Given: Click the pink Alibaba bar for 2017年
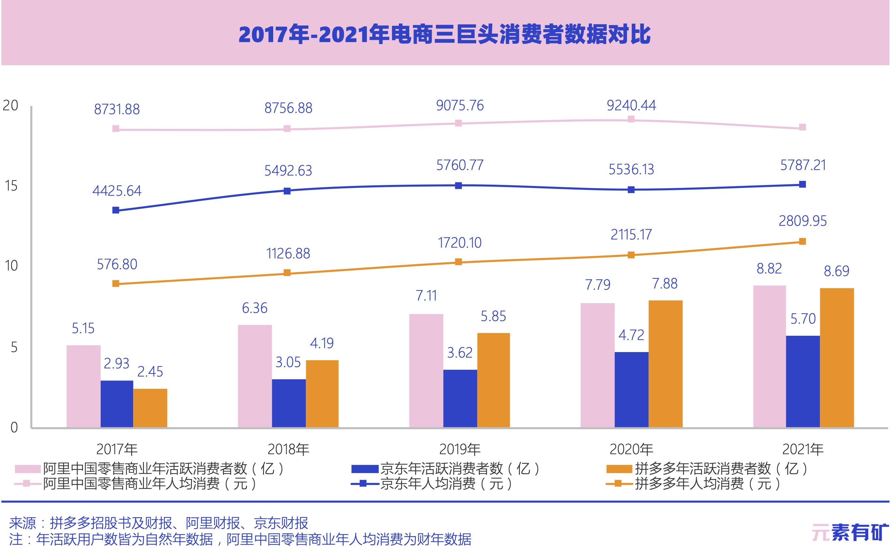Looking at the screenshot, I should [x=84, y=386].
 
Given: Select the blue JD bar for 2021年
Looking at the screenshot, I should [x=803, y=381].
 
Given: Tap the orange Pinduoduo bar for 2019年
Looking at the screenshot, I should [x=493, y=380].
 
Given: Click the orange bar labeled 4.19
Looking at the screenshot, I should [x=322, y=394].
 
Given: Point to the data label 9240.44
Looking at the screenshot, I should [x=631, y=105].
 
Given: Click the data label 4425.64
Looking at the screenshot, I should [x=117, y=191].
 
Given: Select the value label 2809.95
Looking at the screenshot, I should [x=803, y=221].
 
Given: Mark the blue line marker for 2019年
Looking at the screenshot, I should [x=458, y=186].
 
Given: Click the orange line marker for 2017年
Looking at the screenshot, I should [x=116, y=284].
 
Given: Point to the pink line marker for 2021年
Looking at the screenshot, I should [x=803, y=127].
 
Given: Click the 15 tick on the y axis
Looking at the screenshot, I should [x=11, y=186].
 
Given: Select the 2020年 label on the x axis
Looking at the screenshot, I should [x=631, y=449].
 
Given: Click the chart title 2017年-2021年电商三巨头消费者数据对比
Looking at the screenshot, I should [x=444, y=35].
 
